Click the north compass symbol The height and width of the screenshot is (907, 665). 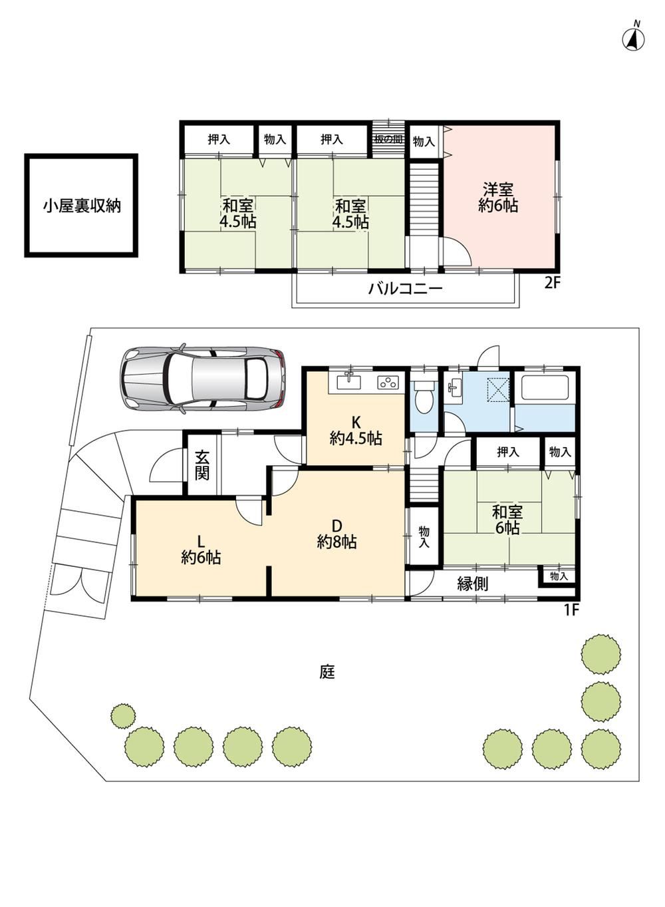[633, 39]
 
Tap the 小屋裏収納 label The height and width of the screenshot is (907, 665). [82, 206]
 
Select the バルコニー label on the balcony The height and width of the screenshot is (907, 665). [405, 289]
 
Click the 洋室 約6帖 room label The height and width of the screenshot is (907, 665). [498, 198]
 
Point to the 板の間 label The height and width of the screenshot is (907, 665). [388, 140]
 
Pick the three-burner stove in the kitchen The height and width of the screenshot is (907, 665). [388, 382]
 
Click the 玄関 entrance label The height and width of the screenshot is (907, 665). [202, 465]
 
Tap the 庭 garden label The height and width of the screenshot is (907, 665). [327, 673]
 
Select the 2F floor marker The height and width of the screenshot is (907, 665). [552, 283]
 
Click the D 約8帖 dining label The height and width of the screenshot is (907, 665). [336, 534]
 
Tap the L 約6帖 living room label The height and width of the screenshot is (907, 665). [201, 550]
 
